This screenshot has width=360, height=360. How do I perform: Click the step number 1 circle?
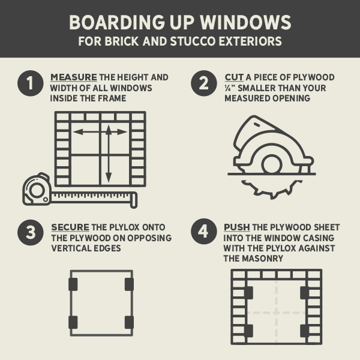pos(31,83)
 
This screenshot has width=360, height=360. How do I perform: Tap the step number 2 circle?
pos(204,83)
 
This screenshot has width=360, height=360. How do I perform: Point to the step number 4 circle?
pos(204,232)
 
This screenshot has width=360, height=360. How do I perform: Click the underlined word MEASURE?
pos(73,77)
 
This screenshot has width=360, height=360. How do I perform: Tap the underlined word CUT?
pos(234,77)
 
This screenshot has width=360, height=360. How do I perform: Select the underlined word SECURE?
pos(70,227)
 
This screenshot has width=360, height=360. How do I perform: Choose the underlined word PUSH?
pos(237,227)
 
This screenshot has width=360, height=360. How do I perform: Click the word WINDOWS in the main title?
pos(245,22)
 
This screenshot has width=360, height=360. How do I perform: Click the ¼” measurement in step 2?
pos(230,88)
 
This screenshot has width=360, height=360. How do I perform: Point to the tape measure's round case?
pos(37,189)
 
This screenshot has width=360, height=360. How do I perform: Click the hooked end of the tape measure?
pos(134,200)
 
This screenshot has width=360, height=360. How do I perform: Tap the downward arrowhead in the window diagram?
pos(109,178)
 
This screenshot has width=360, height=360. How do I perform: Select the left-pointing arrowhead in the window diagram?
pos(77,132)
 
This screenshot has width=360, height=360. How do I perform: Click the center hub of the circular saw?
pos(272,164)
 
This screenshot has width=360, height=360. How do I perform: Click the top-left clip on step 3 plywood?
pos(73,284)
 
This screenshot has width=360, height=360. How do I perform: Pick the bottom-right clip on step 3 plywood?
pos(129,322)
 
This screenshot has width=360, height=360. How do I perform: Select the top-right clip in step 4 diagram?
pos(305,293)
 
